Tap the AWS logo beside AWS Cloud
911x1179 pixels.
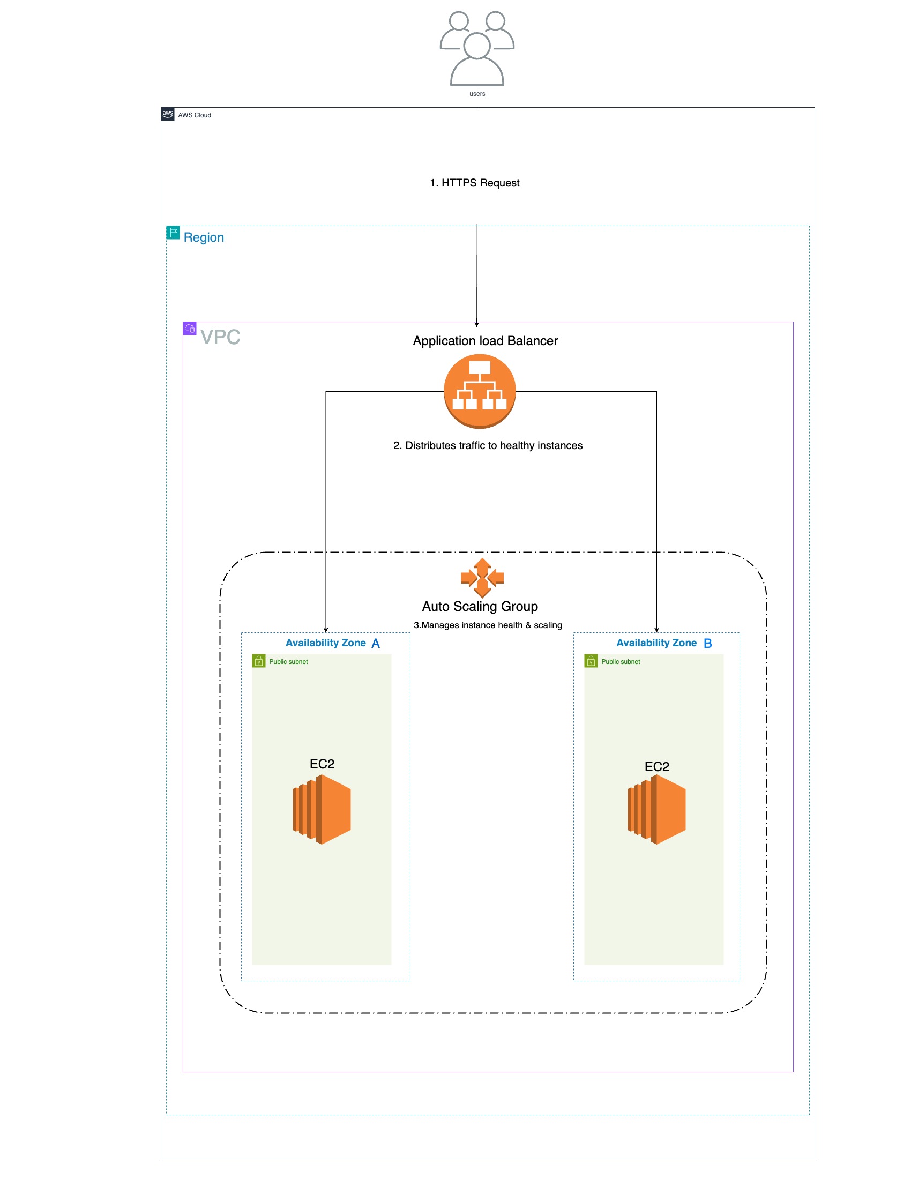(x=168, y=115)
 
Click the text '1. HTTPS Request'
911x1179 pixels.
(x=474, y=183)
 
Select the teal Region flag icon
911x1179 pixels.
(x=173, y=233)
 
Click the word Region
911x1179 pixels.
(x=204, y=237)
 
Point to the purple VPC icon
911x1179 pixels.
(x=189, y=328)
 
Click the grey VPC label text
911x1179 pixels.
(x=220, y=337)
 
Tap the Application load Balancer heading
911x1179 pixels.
(x=485, y=341)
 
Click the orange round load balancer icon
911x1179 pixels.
(x=479, y=391)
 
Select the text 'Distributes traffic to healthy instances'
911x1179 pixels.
(x=487, y=445)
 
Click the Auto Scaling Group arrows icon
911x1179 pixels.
(x=482, y=578)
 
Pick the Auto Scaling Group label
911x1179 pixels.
(x=480, y=606)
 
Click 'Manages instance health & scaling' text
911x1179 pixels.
(x=487, y=625)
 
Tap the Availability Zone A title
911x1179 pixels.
(x=332, y=643)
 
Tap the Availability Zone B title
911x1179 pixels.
(x=663, y=643)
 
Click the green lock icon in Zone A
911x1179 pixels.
(x=258, y=661)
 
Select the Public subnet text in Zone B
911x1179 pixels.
(x=620, y=662)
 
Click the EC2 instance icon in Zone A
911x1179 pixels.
(x=322, y=809)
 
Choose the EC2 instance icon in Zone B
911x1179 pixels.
(x=656, y=809)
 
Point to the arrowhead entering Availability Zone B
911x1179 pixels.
(x=656, y=630)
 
